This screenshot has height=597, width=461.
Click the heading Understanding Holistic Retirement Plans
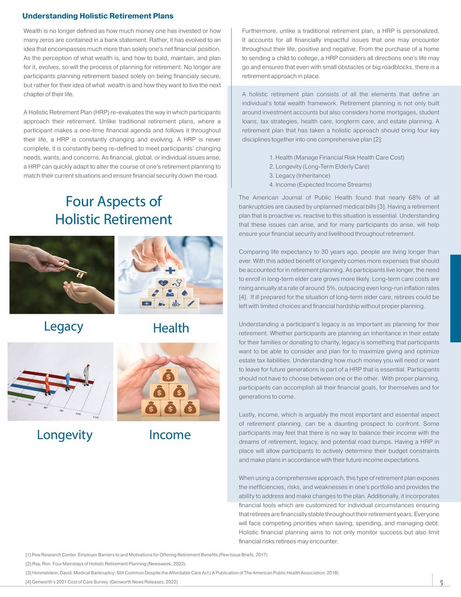(98, 16)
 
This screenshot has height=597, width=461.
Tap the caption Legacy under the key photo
(64, 326)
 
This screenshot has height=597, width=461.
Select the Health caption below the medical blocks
(171, 328)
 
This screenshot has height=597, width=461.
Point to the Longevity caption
(65, 435)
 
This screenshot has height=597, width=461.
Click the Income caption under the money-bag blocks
(170, 435)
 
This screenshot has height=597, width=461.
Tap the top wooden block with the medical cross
(171, 269)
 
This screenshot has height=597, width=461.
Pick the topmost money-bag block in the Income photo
(169, 376)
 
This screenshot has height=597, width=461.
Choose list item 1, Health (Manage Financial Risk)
(337, 157)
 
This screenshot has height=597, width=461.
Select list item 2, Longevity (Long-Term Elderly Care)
(319, 167)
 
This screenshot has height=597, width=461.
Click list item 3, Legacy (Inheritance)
(300, 176)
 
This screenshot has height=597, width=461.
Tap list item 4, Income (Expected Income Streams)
(320, 185)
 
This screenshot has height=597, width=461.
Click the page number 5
(441, 583)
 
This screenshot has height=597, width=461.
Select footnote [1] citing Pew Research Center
(146, 555)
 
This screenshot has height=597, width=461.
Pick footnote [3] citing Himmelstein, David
(182, 573)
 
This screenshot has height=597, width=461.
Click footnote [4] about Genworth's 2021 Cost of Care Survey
(101, 582)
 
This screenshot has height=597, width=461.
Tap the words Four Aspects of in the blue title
(113, 202)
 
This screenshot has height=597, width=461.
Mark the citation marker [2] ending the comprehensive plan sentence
(377, 139)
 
